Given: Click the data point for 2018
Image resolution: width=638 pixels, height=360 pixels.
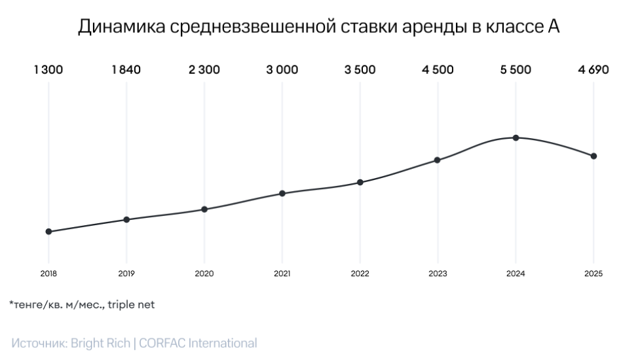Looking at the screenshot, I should [x=48, y=232].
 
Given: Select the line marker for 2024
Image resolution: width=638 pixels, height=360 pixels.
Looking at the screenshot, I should [x=516, y=137].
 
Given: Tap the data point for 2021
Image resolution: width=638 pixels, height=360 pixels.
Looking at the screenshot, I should [x=282, y=193].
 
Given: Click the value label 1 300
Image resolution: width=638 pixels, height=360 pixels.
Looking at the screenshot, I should [x=48, y=71].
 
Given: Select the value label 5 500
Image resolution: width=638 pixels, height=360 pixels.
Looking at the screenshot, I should [x=516, y=71].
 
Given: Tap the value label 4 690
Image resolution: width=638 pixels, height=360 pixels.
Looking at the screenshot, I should [x=593, y=71].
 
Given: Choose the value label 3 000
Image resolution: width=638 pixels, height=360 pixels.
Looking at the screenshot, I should [x=282, y=71].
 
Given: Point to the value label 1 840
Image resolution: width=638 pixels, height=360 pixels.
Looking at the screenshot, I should [x=126, y=71].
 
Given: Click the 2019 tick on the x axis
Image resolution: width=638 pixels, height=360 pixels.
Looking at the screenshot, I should [x=126, y=274].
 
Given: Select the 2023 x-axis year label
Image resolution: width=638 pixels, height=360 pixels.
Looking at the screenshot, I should [x=438, y=274].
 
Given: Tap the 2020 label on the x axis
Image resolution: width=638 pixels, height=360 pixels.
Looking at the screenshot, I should [x=204, y=274].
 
